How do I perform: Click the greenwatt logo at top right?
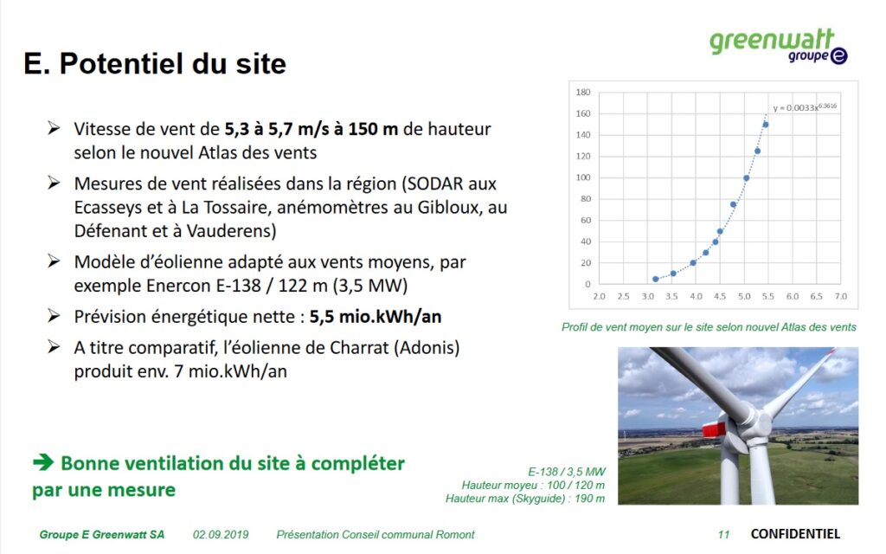(x=778, y=46)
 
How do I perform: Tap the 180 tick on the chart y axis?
(x=583, y=92)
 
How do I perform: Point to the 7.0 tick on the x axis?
(x=841, y=296)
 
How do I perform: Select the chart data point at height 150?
(x=766, y=125)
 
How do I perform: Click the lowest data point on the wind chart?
(x=656, y=280)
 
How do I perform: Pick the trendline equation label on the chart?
(x=805, y=106)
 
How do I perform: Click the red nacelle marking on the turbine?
(x=714, y=428)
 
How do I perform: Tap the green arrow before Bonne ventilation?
(x=43, y=462)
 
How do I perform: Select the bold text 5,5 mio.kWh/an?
(x=376, y=317)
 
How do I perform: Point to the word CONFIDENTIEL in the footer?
(x=795, y=533)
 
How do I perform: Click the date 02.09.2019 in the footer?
(x=221, y=534)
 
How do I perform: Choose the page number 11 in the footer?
(x=724, y=534)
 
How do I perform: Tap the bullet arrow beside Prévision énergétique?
(x=54, y=315)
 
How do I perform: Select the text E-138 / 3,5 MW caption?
(x=566, y=472)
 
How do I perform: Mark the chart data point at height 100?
(x=747, y=178)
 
